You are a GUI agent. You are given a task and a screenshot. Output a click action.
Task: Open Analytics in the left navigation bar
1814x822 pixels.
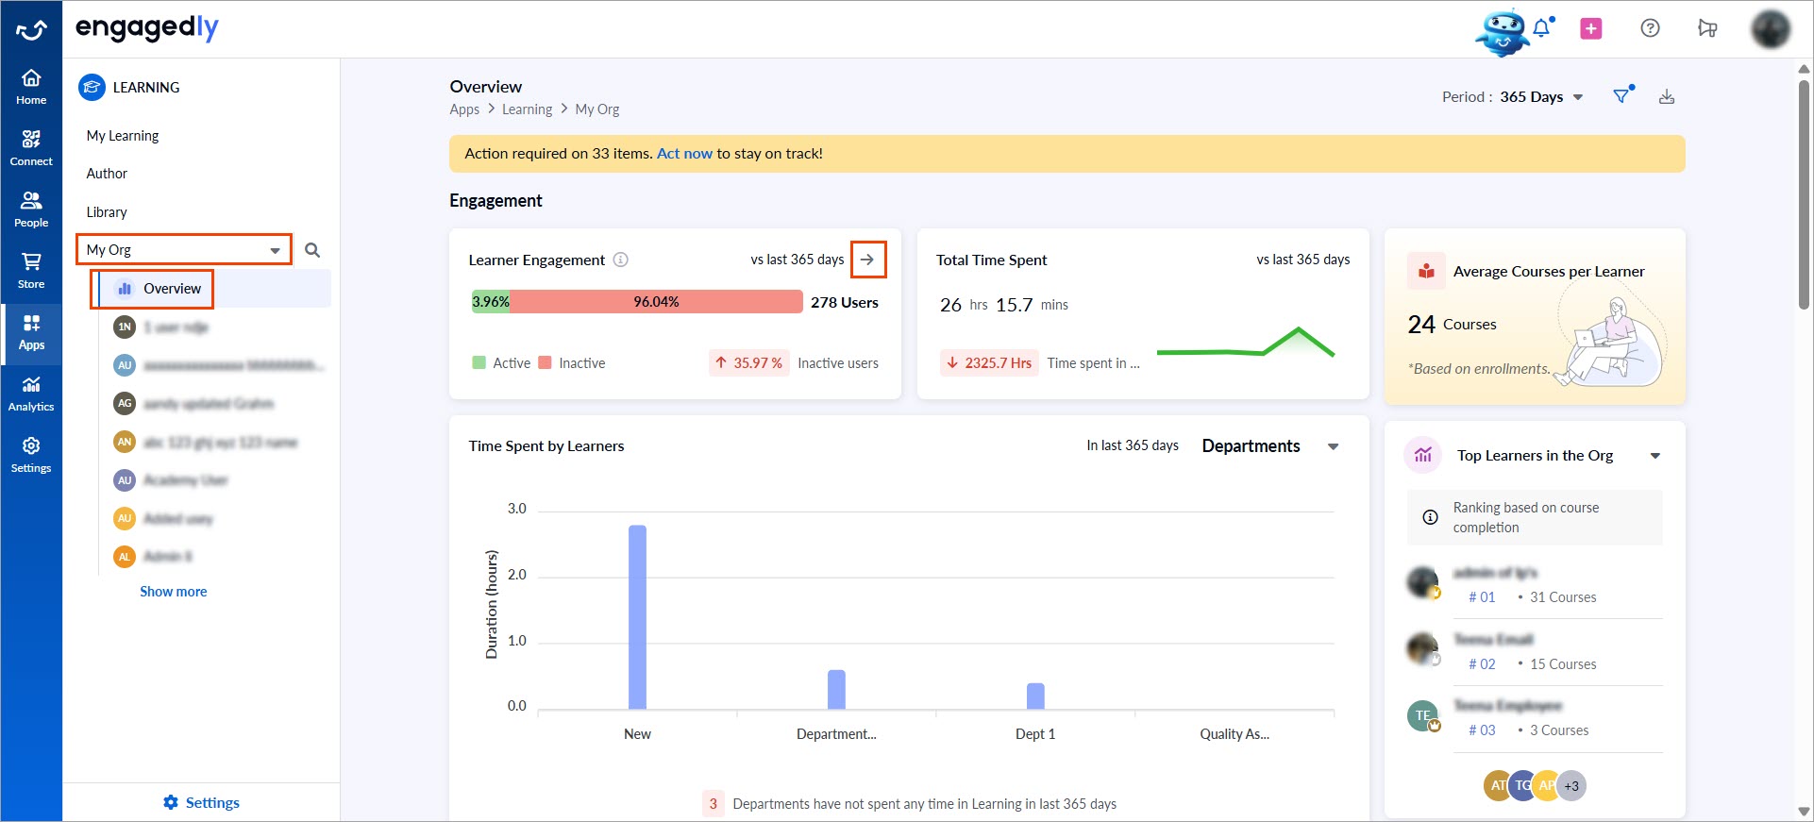point(31,393)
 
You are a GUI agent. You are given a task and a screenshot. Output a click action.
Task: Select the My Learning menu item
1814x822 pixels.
point(123,136)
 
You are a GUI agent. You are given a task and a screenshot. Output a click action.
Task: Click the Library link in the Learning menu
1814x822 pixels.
point(107,212)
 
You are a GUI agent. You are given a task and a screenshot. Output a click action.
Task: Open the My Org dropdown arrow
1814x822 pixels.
point(275,250)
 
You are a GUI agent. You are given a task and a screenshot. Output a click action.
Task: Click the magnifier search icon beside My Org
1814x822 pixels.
point(312,250)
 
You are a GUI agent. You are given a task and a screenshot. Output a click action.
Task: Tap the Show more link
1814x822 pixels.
point(174,592)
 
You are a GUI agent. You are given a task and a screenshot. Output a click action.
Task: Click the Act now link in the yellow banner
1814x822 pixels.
point(684,154)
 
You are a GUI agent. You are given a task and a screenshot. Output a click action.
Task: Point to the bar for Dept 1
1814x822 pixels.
point(1035,696)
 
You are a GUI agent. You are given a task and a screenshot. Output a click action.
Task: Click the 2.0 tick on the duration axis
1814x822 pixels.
point(517,575)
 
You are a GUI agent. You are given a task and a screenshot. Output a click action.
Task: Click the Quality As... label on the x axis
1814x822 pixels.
point(1235,734)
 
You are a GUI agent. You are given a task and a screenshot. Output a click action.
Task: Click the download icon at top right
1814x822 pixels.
point(1667,97)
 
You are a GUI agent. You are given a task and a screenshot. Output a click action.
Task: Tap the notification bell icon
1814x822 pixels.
point(1541,28)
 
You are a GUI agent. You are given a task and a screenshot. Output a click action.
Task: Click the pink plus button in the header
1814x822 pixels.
point(1591,28)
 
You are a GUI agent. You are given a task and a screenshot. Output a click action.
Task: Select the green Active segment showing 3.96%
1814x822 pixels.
point(490,302)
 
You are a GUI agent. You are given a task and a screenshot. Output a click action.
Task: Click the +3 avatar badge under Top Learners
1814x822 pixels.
point(1571,786)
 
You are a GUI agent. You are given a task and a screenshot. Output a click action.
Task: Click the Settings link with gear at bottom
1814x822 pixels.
point(202,803)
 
